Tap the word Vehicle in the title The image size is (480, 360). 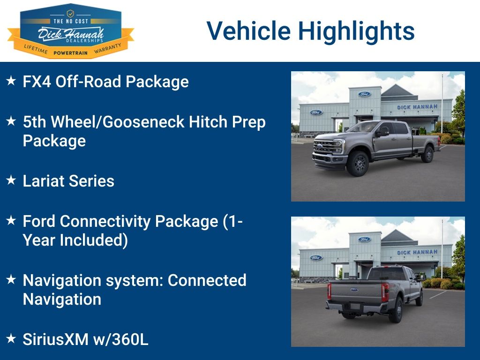pos(248,30)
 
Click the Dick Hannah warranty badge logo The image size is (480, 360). pos(71,31)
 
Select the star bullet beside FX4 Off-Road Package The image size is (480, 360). pos(11,81)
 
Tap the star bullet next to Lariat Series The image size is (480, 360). pos(11,180)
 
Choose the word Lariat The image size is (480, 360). pos(43,180)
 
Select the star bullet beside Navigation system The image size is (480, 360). pos(11,279)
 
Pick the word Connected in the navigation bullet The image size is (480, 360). pos(207,280)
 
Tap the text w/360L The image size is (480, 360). pos(120,339)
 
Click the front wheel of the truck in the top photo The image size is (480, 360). pos(358,164)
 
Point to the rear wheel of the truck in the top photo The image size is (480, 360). pos(427,154)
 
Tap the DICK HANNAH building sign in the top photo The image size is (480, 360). pos(417,107)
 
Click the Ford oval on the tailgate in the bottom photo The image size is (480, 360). pos(354,289)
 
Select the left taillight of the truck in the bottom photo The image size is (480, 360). pos(330,291)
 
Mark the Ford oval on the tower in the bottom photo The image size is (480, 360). pos(365,240)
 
